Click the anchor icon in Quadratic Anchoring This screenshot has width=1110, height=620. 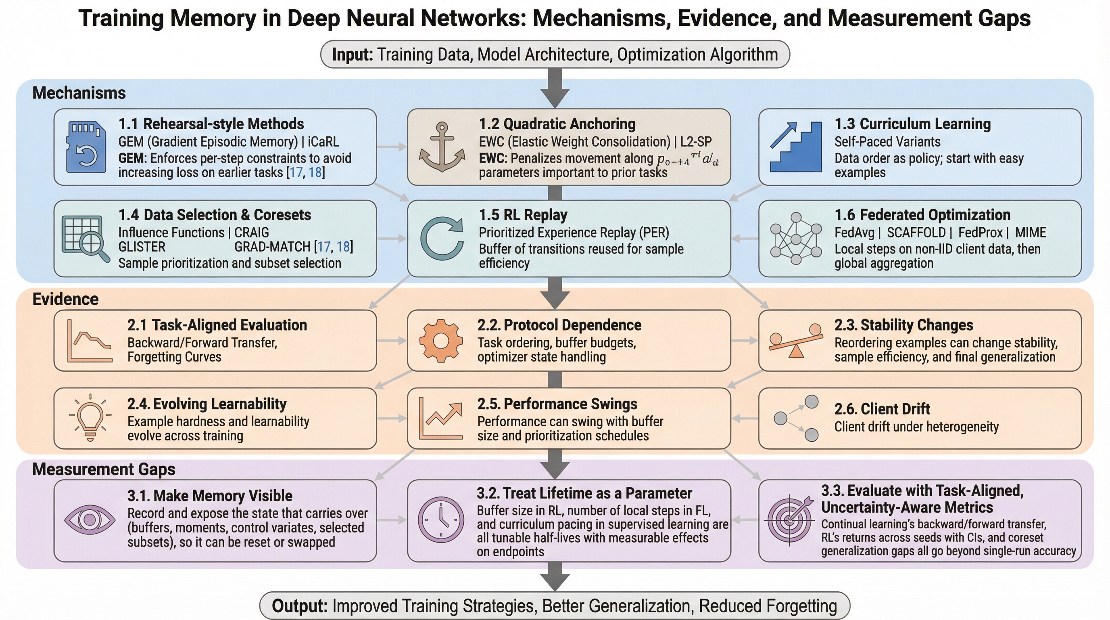(x=442, y=147)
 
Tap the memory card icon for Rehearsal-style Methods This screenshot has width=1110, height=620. (x=86, y=147)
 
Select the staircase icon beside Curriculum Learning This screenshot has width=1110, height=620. (x=795, y=147)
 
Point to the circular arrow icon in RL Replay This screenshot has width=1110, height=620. (x=442, y=239)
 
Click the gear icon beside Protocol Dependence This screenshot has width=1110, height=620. (x=441, y=341)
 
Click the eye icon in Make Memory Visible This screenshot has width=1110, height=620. (x=90, y=519)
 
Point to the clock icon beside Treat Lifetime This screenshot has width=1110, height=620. (x=441, y=519)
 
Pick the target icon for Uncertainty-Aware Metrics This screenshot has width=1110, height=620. (x=789, y=519)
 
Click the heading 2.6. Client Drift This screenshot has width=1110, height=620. (x=882, y=409)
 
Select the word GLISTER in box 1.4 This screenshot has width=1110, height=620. (x=142, y=247)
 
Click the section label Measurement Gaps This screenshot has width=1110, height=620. (x=104, y=469)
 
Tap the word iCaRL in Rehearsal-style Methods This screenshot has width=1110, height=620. (x=323, y=142)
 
